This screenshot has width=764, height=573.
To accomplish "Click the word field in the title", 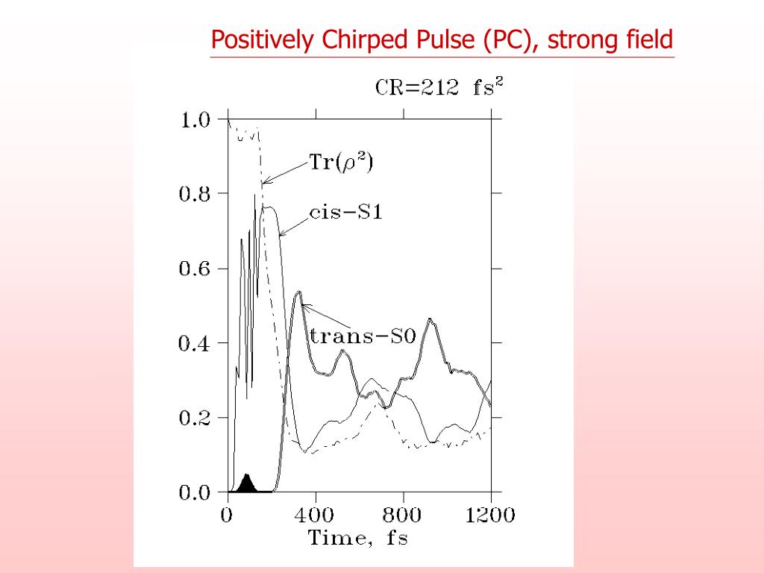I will coord(651,40).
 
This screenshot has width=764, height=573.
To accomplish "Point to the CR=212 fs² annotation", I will coord(439,87).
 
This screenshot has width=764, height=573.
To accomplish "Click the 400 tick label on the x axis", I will coord(316,516).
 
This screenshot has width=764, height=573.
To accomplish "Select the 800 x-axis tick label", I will coord(404,516).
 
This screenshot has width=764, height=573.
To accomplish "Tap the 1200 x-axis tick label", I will coord(490,516).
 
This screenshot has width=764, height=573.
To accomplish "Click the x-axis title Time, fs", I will coord(358,538).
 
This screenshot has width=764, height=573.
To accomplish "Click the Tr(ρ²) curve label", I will coord(340,162).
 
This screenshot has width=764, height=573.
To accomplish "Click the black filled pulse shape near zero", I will coord(247,485).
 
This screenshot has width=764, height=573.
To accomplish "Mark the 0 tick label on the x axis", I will coord(227,516).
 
